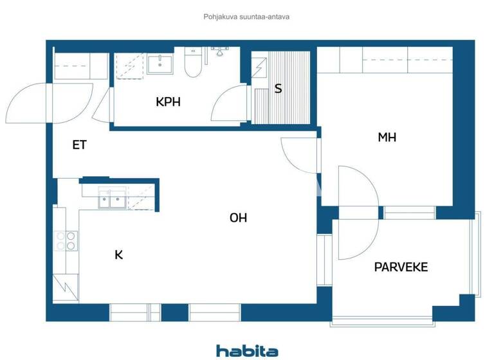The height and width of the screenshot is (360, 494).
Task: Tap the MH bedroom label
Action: coord(387,137)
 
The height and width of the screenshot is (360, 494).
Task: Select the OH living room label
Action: coord(238,218)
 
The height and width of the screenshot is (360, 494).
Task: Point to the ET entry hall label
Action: coord(79,145)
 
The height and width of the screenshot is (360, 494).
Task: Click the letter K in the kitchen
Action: coord(118,255)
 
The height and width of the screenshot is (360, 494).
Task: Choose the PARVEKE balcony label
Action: coord(401,267)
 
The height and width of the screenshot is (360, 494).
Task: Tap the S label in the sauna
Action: coord(278,89)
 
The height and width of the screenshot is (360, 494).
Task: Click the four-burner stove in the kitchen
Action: coord(64,241)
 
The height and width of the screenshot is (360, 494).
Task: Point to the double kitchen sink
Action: coord(112,201)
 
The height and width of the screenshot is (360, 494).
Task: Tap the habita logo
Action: coord(247,350)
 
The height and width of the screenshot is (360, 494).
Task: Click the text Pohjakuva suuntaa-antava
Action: coord(247,17)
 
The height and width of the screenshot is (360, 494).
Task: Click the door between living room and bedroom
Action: coord(298,156)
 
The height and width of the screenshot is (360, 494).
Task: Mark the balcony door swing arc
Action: coord(358,212)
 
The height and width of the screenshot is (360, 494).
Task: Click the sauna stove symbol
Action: coord(260,66)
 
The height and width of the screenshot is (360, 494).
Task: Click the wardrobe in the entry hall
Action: coord(80,66)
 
